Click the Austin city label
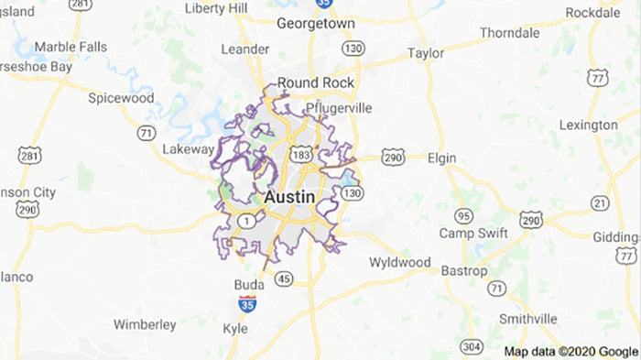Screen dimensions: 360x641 click(289, 197)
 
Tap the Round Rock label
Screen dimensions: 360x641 click(316, 82)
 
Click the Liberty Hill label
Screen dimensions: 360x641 click(216, 7)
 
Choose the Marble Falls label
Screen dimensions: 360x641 click(71, 47)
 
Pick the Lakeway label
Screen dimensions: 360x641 click(187, 148)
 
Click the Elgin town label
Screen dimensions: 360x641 click(441, 158)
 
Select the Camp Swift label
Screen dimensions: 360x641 click(473, 233)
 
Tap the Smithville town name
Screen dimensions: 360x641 click(527, 318)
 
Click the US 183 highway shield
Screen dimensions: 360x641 click(300, 156)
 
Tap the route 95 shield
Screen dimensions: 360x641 click(464, 216)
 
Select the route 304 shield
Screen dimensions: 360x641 click(472, 346)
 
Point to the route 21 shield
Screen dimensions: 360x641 click(600, 202)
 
